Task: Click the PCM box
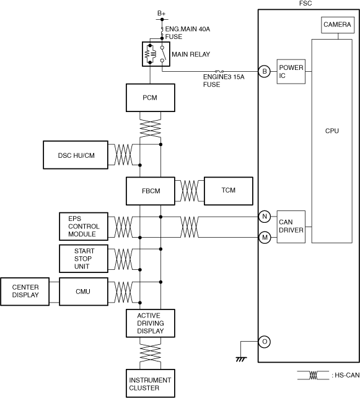[x=151, y=98]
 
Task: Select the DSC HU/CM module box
[x=76, y=155]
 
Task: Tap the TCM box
[x=229, y=191]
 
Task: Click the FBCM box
[x=151, y=191]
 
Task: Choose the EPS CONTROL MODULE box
[x=84, y=227]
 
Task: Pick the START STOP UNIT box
[x=84, y=259]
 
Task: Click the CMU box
[x=84, y=292]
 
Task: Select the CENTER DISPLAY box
[x=25, y=292]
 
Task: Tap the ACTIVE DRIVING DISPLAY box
[x=151, y=323]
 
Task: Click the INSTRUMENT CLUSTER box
[x=151, y=383]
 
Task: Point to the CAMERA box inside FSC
[x=338, y=25]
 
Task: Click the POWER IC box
[x=291, y=72]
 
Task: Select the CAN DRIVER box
[x=291, y=227]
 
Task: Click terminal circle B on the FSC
[x=265, y=71]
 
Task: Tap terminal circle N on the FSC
[x=265, y=217]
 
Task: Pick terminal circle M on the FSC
[x=265, y=238]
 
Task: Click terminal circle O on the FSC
[x=265, y=342]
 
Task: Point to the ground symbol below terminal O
[x=241, y=359]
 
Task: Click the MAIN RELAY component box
[x=156, y=54]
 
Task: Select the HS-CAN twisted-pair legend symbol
[x=313, y=375]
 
